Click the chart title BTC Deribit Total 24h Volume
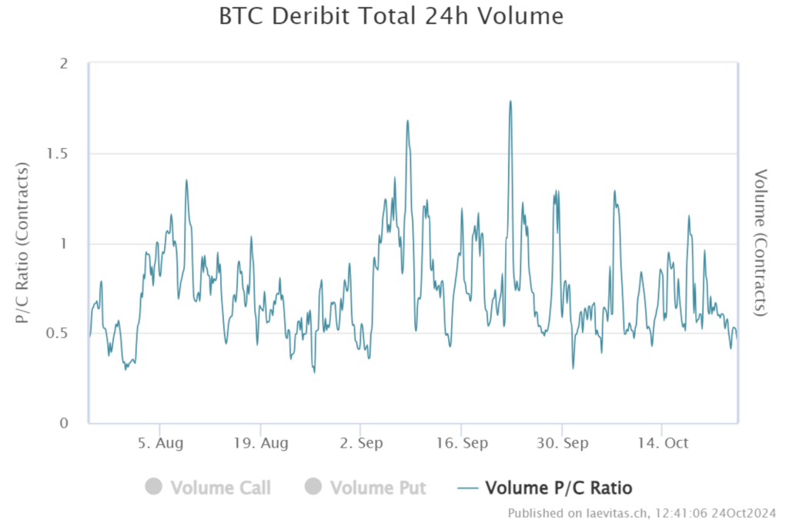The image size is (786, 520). [391, 16]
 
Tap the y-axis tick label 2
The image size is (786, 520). [73, 64]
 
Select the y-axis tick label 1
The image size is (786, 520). [73, 244]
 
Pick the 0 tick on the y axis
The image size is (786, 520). [73, 424]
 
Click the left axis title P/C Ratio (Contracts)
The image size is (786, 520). [23, 243]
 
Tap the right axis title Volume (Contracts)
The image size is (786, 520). [761, 243]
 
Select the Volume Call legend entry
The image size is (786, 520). [220, 488]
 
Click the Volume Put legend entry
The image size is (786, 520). [378, 488]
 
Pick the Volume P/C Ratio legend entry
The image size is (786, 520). [558, 488]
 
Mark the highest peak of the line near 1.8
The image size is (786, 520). [510, 101]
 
